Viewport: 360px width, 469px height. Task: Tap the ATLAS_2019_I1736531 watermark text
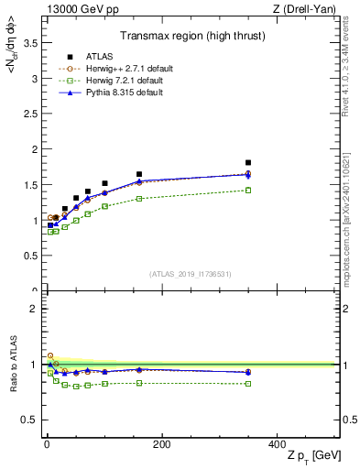coord(191,274)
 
